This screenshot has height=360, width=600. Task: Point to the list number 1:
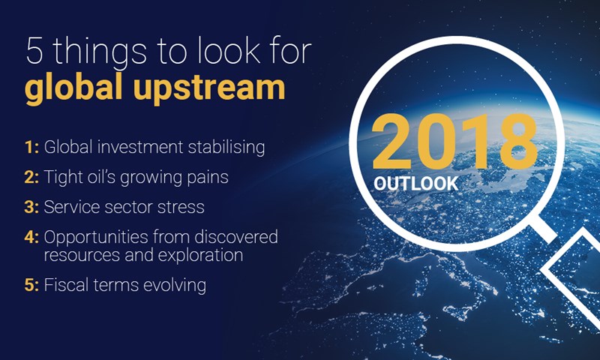click(x=31, y=147)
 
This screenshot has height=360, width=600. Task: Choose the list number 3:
click(x=31, y=207)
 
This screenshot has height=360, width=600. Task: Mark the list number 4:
click(x=31, y=238)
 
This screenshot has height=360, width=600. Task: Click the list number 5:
click(x=31, y=286)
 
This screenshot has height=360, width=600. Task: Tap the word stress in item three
click(x=183, y=207)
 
